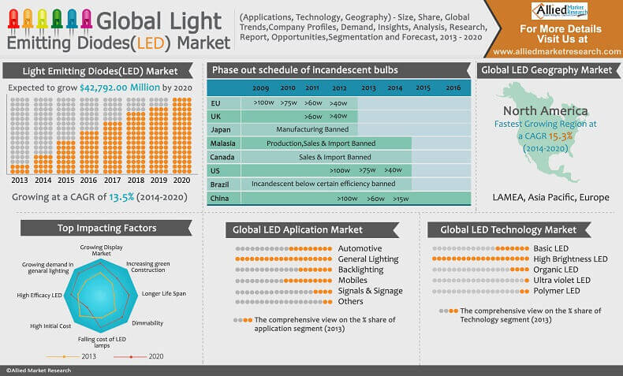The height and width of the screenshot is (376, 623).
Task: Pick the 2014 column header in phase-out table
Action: pyautogui.click(x=395, y=88)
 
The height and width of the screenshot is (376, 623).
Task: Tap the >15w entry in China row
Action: pyautogui.click(x=400, y=199)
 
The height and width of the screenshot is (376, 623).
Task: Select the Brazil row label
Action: pyautogui.click(x=221, y=184)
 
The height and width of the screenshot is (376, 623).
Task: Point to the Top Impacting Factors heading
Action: pyautogui.click(x=106, y=229)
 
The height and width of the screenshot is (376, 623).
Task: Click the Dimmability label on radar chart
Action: pyautogui.click(x=147, y=323)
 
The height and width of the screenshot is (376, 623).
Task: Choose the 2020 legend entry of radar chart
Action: pyautogui.click(x=148, y=357)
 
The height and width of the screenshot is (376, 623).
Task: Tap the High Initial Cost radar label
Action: pyautogui.click(x=50, y=325)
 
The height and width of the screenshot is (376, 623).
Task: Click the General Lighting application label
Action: pyautogui.click(x=367, y=259)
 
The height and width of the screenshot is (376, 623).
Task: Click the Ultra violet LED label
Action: pyautogui.click(x=561, y=280)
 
